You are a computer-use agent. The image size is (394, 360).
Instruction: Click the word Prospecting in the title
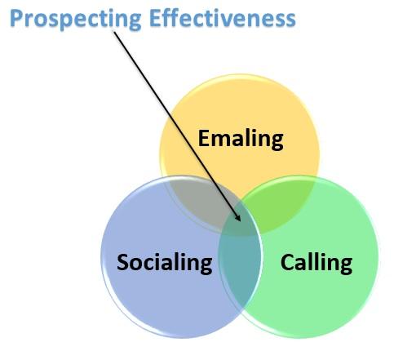coord(76,20)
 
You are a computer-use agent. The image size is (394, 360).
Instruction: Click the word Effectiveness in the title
coord(223,18)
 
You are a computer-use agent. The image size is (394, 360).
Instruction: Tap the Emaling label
coord(241,140)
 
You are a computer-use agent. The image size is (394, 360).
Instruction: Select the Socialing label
coord(165,263)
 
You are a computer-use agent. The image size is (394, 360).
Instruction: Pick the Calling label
coord(317,263)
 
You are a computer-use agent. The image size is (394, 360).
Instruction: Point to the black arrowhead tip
coord(240,221)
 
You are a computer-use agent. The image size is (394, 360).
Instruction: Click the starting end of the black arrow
coord(114,32)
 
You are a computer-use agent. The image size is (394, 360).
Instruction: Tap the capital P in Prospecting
coord(16,19)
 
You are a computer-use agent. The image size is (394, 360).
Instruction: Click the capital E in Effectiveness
coord(155,19)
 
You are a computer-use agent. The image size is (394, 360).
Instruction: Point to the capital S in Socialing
coord(123,262)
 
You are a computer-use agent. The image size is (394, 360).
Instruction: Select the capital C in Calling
coord(287,262)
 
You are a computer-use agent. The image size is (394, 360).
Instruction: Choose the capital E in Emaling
coord(204,138)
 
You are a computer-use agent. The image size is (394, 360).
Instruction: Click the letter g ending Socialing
coord(206,265)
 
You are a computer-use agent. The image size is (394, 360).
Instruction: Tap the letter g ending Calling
coord(346,265)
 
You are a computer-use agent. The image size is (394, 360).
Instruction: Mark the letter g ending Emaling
coord(277,142)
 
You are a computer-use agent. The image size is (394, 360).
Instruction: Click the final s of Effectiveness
coord(290,21)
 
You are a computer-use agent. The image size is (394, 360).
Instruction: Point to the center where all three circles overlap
coord(239,220)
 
